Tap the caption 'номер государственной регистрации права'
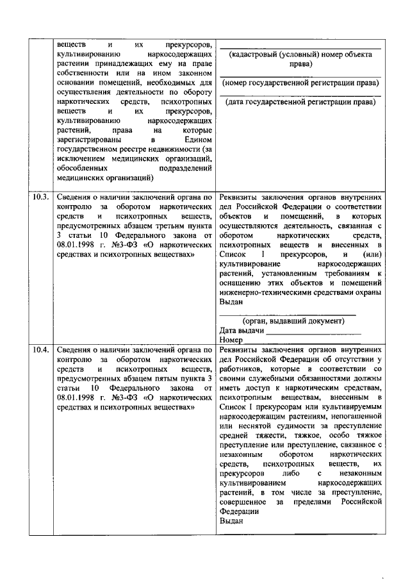click(300, 83)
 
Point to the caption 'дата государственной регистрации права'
click(300, 101)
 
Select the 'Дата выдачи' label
click(242, 330)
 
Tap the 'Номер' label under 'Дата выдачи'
click(231, 340)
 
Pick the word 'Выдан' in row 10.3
click(231, 302)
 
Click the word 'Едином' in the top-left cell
click(196, 140)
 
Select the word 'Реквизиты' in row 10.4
click(240, 351)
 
